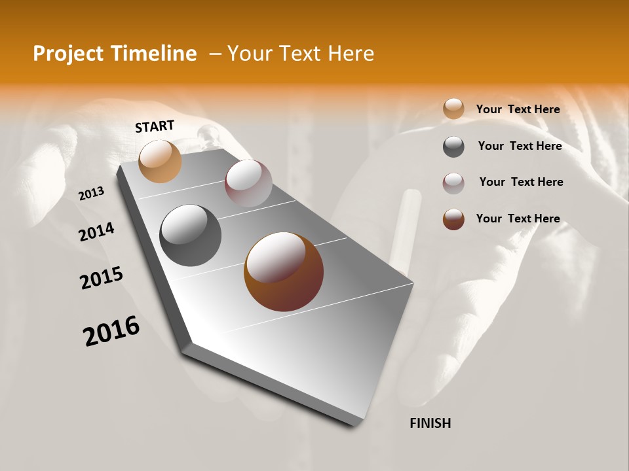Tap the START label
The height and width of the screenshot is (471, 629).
click(155, 126)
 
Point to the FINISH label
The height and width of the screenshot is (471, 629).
click(430, 423)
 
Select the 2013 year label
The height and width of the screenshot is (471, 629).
click(92, 194)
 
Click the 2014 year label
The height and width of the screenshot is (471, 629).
click(97, 232)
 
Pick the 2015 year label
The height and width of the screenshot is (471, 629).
click(102, 278)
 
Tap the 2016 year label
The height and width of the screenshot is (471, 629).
click(111, 331)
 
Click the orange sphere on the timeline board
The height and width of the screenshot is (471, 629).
click(160, 161)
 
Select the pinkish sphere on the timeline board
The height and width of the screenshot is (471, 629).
click(248, 183)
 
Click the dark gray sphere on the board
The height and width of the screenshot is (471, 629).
click(191, 235)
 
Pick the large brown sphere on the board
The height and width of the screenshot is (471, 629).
click(284, 271)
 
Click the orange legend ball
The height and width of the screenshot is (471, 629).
click(453, 109)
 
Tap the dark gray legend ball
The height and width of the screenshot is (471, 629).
click(453, 147)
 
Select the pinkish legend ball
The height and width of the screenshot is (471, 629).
click(453, 183)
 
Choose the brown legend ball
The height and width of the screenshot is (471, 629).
click(453, 219)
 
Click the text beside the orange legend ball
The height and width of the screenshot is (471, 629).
click(518, 109)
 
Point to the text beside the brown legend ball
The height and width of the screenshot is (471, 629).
click(518, 218)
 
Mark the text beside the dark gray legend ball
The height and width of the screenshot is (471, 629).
click(520, 146)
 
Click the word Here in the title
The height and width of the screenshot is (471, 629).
click(351, 54)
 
